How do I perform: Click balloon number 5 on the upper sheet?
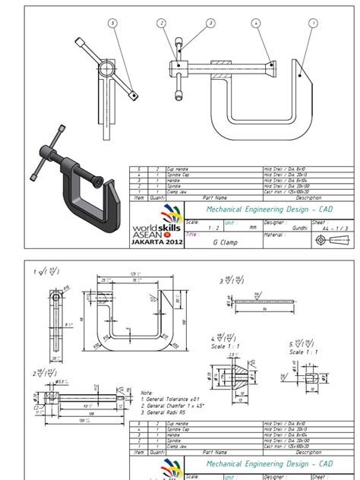[112, 24]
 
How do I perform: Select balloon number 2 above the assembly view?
[161, 24]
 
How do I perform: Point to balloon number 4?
[257, 24]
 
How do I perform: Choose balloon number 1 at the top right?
[312, 24]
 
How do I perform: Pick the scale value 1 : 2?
[193, 226]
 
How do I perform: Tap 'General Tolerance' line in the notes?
[167, 399]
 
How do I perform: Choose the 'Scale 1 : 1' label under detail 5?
[303, 352]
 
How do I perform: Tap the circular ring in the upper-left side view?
[104, 70]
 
